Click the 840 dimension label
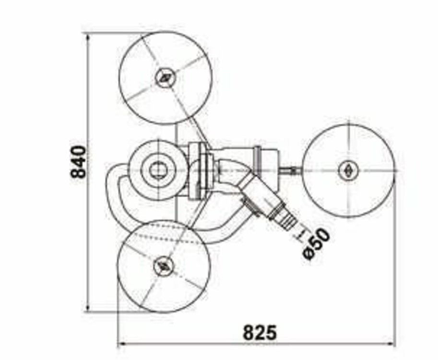pyautogui.click(x=78, y=162)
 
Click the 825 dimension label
pyautogui.click(x=259, y=332)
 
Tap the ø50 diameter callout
pyautogui.click(x=317, y=243)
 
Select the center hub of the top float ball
pyautogui.click(x=165, y=78)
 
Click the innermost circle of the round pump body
pyautogui.click(x=156, y=169)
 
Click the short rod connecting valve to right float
pyautogui.click(x=290, y=169)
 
